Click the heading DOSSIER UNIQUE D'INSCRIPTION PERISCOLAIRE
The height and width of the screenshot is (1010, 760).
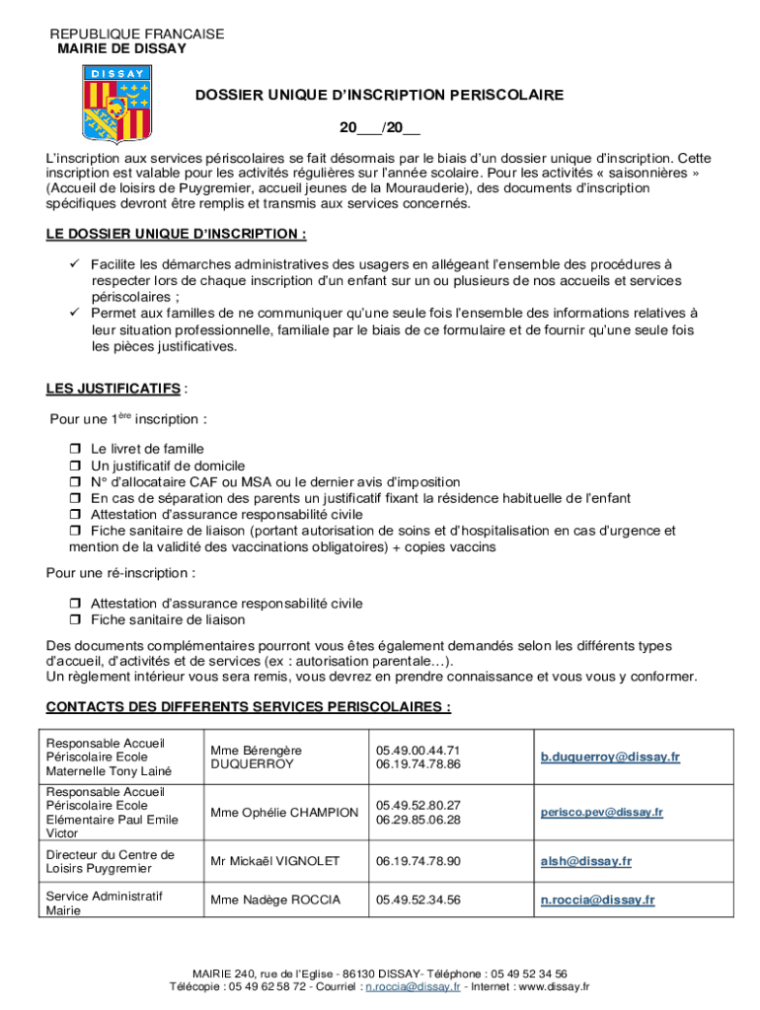coord(379,96)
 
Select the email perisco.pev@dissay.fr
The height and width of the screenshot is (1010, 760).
coord(602,813)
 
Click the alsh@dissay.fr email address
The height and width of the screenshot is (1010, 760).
coord(585,862)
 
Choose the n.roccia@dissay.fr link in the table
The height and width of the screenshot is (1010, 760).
coord(596,900)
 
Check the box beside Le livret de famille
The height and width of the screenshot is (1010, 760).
coord(74,449)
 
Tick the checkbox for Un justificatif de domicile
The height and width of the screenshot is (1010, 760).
coord(74,466)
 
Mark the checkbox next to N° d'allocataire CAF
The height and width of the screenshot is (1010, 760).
coord(74,482)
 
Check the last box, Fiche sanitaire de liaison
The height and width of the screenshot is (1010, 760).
coord(74,620)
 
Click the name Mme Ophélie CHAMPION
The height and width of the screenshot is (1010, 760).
coord(284,813)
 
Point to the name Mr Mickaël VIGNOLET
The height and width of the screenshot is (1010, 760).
coord(274,862)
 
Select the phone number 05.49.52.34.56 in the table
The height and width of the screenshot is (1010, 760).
coord(418,900)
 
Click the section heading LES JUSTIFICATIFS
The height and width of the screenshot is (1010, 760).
coord(114,388)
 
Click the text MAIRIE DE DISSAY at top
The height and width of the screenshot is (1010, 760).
coord(121,48)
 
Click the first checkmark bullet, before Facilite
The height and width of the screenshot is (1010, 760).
coord(74,264)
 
